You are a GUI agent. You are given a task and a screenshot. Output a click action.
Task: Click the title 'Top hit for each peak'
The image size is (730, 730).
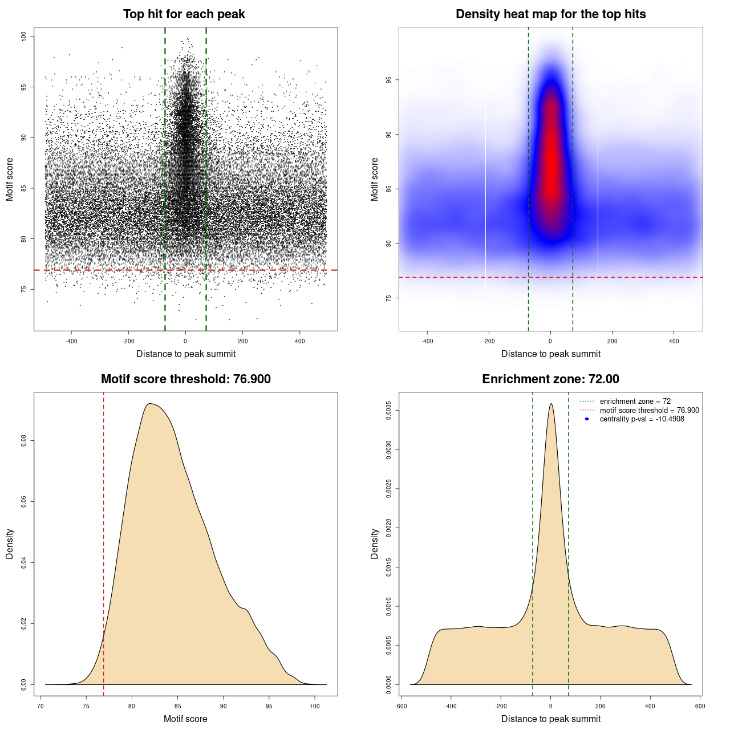tap(184, 14)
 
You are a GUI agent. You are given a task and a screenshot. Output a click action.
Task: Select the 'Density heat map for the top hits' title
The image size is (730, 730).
tap(550, 14)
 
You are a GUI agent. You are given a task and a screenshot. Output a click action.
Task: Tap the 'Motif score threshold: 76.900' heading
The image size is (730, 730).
tap(185, 379)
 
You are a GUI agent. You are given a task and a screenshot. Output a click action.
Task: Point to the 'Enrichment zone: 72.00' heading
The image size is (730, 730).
tap(550, 379)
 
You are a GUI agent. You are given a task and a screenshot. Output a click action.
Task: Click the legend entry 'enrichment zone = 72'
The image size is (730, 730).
tap(635, 401)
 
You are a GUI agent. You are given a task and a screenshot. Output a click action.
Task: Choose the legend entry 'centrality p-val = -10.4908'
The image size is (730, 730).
tap(642, 419)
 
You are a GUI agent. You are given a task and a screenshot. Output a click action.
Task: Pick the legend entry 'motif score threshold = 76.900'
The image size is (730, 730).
tap(649, 411)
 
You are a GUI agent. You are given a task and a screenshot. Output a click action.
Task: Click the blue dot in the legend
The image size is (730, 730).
tap(587, 419)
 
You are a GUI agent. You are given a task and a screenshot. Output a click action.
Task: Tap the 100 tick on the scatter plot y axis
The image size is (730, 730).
tap(24, 36)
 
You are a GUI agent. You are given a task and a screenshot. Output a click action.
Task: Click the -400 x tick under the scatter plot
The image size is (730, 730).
tap(71, 341)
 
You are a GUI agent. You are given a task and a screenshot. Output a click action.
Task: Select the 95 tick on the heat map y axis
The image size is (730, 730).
tap(389, 80)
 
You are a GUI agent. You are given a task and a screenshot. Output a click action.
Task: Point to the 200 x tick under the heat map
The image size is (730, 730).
tap(612, 341)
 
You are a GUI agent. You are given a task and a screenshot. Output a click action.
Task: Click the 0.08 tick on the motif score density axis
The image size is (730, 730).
tap(24, 441)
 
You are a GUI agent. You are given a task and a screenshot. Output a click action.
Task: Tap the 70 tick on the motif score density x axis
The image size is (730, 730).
tap(40, 706)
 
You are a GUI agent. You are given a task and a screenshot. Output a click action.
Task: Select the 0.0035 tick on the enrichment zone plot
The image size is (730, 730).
tap(389, 411)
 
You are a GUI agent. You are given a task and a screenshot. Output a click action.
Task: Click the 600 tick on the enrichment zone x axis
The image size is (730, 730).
tap(700, 706)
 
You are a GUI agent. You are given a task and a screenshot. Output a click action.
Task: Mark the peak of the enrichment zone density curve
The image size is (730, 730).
tap(550, 404)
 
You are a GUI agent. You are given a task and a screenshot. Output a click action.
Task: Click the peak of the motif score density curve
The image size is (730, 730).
tap(149, 404)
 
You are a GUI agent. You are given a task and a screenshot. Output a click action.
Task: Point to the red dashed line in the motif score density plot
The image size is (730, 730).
tap(103, 542)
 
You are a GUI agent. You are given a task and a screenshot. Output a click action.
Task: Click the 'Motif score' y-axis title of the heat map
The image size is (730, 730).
tap(375, 179)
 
